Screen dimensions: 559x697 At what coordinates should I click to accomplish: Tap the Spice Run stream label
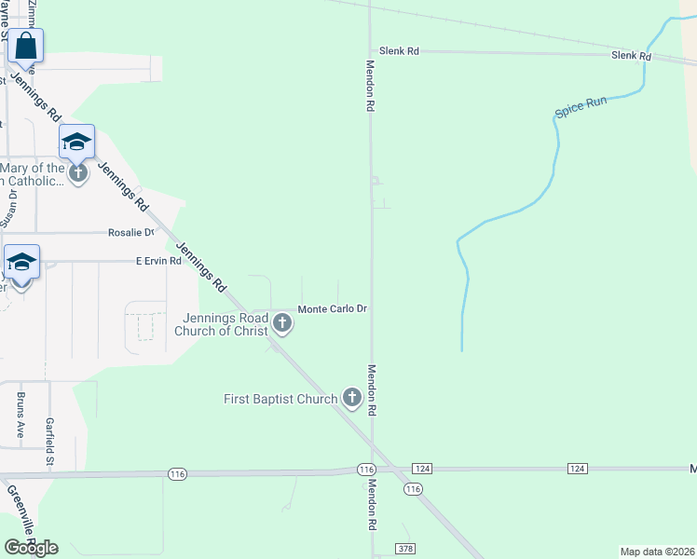point(581,107)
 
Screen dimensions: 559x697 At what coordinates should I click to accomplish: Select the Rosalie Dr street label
point(130,232)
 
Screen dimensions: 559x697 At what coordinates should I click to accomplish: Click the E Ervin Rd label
point(158,262)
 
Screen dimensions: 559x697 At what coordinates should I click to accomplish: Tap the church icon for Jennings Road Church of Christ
point(282,323)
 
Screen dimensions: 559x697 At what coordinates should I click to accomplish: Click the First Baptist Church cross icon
point(351,398)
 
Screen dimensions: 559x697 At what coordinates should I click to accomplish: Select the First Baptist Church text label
point(280,399)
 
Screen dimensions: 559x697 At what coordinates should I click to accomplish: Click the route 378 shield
point(404,549)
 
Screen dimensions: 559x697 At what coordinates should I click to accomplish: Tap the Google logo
point(31,548)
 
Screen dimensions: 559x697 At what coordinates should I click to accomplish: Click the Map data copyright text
point(658,552)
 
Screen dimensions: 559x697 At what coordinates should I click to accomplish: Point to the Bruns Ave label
point(20,415)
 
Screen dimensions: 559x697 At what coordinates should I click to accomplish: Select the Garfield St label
point(50,433)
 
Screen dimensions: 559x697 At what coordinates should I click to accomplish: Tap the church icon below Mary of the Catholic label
point(77,171)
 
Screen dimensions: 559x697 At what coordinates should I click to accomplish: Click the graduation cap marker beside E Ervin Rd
point(21,263)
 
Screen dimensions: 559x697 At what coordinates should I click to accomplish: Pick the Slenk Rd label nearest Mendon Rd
point(398,51)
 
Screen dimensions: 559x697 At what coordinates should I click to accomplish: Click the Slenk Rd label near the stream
point(631,56)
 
